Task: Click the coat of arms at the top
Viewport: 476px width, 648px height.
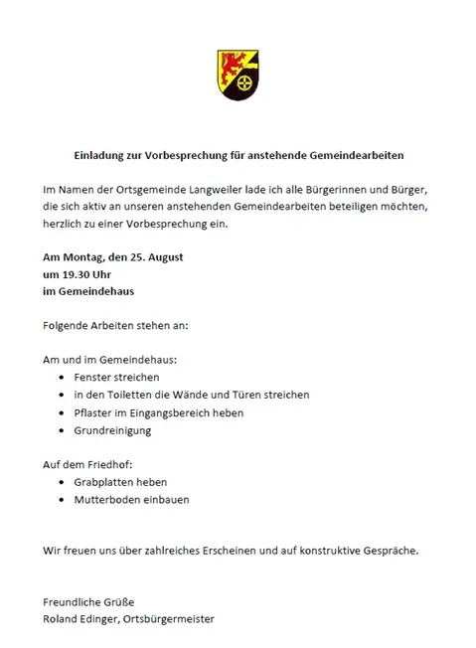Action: pos(238,75)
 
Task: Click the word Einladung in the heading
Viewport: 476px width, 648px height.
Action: pos(100,155)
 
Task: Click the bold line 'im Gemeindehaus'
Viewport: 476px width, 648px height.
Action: pos(87,291)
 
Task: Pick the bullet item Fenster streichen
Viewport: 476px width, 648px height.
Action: pos(116,378)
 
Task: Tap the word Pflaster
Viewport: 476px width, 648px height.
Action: pos(95,412)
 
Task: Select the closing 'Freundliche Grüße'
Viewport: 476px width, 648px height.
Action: pos(88,602)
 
